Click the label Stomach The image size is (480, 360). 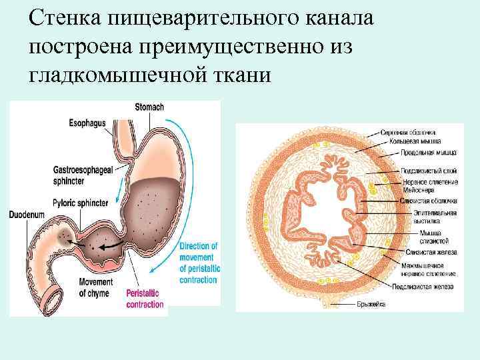pyautogui.click(x=149, y=107)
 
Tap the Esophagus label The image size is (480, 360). pyautogui.click(x=86, y=123)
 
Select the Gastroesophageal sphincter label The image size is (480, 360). pyautogui.click(x=79, y=175)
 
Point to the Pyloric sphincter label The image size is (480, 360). pyautogui.click(x=83, y=200)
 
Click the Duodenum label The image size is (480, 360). pyautogui.click(x=26, y=215)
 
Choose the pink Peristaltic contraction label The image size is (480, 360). pyautogui.click(x=144, y=299)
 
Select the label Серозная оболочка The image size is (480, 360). pyautogui.click(x=409, y=131)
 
